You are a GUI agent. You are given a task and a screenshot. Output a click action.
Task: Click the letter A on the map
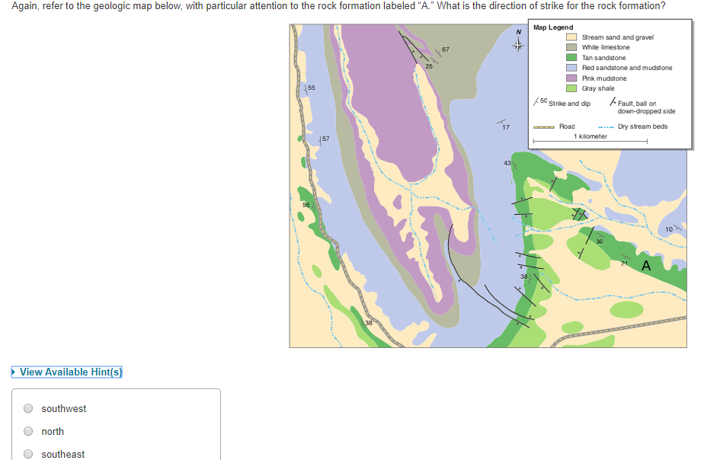646,266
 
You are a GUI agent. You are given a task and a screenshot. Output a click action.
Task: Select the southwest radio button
28,408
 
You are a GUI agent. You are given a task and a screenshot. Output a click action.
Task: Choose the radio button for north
28,431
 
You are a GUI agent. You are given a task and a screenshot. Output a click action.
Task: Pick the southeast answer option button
28,454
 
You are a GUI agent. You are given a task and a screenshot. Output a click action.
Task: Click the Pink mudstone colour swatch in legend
571,78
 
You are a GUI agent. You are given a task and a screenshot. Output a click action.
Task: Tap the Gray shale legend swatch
571,88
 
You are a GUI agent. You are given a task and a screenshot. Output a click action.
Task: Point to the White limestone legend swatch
571,47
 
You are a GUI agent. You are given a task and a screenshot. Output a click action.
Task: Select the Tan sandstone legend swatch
571,57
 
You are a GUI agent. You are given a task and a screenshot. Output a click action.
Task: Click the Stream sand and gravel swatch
571,37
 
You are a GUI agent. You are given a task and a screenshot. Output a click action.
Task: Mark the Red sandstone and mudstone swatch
571,68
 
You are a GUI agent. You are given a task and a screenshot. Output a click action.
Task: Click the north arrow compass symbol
518,42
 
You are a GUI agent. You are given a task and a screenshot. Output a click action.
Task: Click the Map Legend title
553,27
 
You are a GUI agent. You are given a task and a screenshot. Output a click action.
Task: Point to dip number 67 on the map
446,50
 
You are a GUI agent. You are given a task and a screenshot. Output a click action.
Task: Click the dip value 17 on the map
507,126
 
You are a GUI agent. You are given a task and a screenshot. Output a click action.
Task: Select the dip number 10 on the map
669,228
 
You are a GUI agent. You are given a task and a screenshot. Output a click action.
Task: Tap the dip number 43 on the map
507,163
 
